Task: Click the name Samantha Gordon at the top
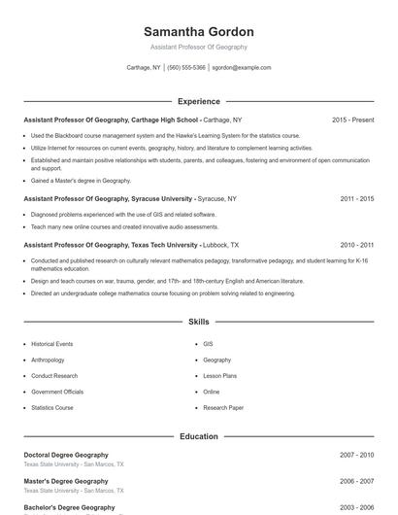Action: [198, 32]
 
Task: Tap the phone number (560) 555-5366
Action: [186, 68]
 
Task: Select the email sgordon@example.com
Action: [242, 68]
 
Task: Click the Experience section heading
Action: [198, 101]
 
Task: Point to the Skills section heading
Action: [198, 322]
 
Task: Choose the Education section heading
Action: [198, 436]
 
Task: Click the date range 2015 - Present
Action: [352, 120]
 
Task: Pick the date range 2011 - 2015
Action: [356, 198]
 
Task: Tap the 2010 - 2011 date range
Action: [356, 246]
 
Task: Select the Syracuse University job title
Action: [109, 198]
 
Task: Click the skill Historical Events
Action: [51, 344]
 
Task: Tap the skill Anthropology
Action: [48, 360]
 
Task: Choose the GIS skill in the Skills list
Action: [208, 344]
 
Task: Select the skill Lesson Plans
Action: [219, 376]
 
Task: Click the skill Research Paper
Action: [223, 408]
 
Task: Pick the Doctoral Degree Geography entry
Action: [66, 455]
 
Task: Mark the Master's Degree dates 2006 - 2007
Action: [356, 481]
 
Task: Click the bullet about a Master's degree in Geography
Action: [81, 181]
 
